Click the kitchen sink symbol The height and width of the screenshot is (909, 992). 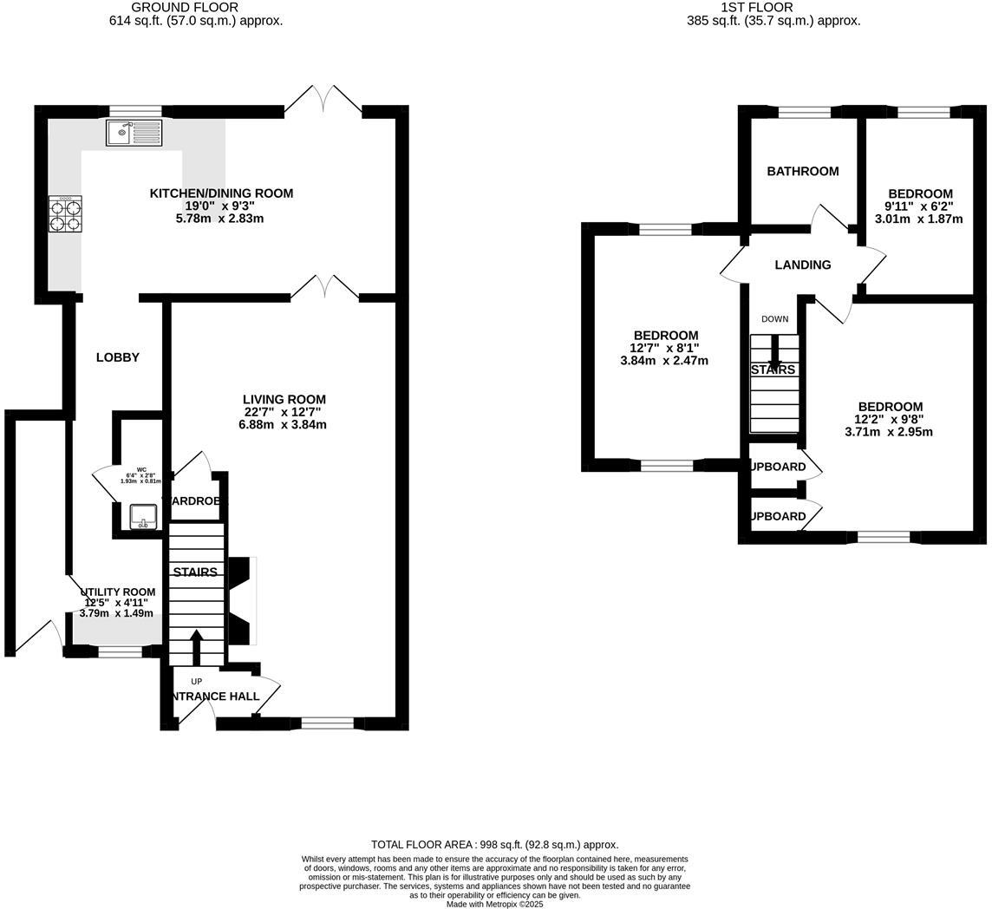(134, 133)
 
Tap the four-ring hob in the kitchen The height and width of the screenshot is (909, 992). (65, 214)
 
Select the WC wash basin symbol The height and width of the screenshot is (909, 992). (143, 515)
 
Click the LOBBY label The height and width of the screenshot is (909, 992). (118, 357)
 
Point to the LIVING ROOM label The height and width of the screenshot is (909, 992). (284, 400)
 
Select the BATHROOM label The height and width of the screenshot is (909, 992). (802, 172)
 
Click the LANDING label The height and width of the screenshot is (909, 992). (802, 265)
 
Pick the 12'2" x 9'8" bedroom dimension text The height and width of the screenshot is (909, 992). (891, 419)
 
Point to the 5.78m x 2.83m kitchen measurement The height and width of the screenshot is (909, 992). (220, 219)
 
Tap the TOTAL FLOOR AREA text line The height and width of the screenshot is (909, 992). (494, 845)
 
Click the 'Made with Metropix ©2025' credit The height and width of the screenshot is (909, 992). (494, 904)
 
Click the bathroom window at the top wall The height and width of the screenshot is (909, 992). (804, 111)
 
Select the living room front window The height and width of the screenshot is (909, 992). (328, 723)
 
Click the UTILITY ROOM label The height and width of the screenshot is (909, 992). (119, 592)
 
